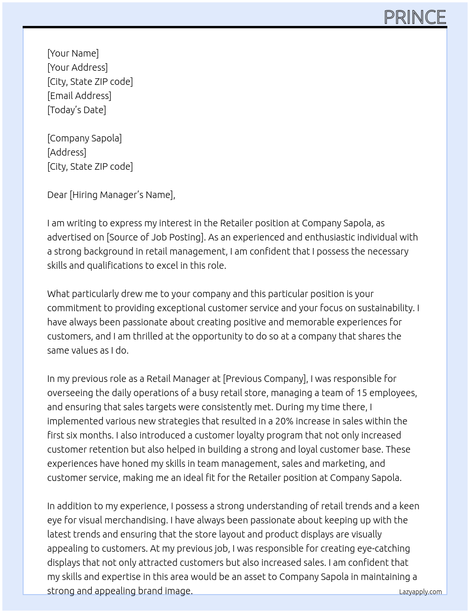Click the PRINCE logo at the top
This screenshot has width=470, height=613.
point(415,17)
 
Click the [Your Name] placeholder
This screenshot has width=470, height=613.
point(73,53)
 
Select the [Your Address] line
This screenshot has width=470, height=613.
point(77,67)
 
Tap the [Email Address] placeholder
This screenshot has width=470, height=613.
point(79,96)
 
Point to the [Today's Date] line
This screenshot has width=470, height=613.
point(76,110)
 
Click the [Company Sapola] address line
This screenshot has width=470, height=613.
point(84,138)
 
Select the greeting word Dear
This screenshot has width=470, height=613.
point(57,195)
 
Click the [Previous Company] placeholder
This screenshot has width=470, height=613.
point(265,379)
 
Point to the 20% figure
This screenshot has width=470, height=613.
point(285,421)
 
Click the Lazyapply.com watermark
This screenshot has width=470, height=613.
point(420,592)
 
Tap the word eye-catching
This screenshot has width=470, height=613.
point(382,548)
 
